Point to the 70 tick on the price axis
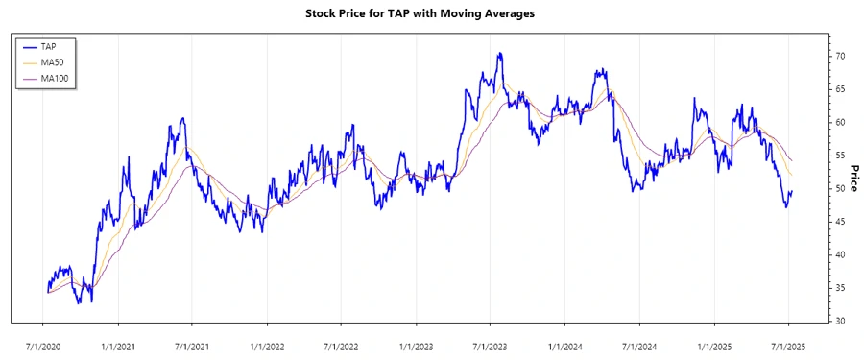click(839, 57)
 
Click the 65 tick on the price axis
click(839, 89)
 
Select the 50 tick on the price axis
click(839, 188)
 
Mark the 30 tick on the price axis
click(839, 321)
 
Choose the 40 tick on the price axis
click(839, 254)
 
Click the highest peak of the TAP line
click(499, 54)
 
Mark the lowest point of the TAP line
click(91, 302)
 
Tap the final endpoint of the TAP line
click(792, 191)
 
